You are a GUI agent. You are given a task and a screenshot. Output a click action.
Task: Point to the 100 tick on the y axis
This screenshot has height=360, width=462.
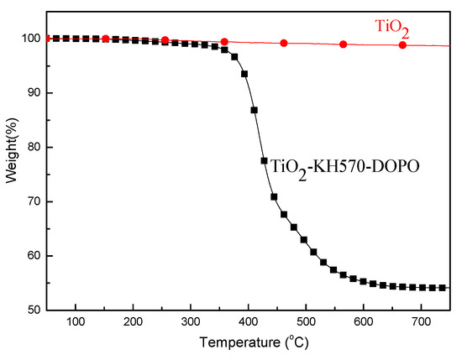point(30,39)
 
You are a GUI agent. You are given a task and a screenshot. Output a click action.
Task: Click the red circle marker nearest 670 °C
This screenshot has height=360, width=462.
point(402,44)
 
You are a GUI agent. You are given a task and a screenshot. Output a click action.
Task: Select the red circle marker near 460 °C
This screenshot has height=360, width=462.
point(284,43)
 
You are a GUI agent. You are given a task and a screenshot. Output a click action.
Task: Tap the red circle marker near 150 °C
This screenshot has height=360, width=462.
point(105,39)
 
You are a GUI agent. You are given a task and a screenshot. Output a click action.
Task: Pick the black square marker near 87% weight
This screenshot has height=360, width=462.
point(254,110)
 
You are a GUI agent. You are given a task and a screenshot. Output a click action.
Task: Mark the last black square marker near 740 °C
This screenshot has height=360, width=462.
point(443,288)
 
